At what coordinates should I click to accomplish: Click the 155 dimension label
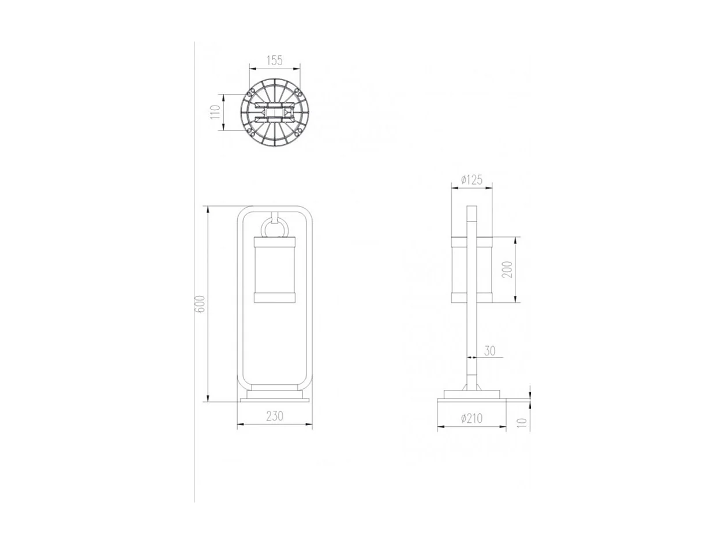[275, 59]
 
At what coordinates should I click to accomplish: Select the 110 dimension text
[215, 112]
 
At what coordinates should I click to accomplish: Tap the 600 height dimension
[199, 303]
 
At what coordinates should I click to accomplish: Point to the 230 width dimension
[275, 417]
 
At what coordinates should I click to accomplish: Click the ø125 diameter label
[471, 179]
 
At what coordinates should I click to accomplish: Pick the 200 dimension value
[507, 269]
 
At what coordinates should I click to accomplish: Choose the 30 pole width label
[489, 350]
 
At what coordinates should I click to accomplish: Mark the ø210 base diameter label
[471, 419]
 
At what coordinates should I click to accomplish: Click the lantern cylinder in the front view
[275, 269]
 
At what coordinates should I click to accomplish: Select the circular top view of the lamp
[275, 112]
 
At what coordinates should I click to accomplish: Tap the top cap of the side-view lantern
[471, 240]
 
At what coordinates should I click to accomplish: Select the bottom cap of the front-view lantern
[275, 298]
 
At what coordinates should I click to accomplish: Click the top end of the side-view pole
[471, 209]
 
